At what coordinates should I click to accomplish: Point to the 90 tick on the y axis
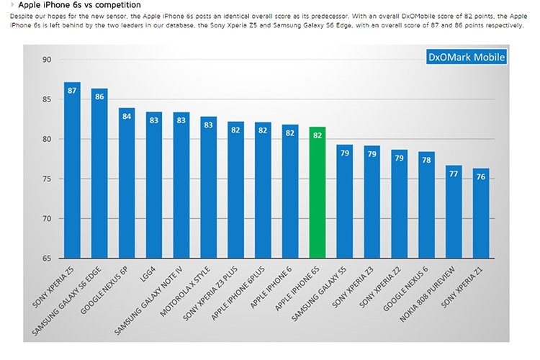[48, 60]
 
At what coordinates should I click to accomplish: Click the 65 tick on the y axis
[48, 258]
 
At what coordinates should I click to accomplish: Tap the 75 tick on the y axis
[48, 179]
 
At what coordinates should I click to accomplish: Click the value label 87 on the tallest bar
[72, 91]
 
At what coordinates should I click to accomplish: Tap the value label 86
[99, 97]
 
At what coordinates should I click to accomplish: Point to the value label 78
[426, 160]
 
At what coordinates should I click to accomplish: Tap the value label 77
[453, 174]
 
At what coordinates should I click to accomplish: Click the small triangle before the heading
[12, 5]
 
